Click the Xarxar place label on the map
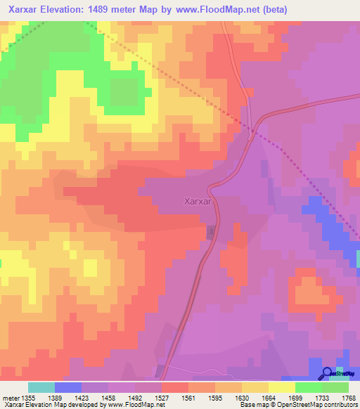tap(198, 200)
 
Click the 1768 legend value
tap(348, 398)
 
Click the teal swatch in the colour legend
tap(41, 387)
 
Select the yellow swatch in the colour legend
tap(282, 387)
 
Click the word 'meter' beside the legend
tap(11, 398)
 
